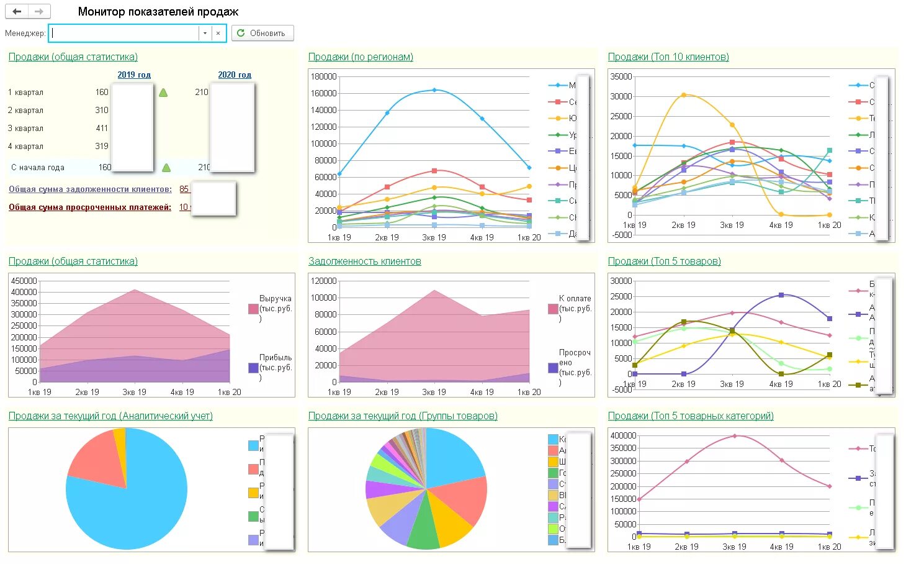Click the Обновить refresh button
pyautogui.click(x=262, y=33)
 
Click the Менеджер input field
pyautogui.click(x=124, y=33)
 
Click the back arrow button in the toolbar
pyautogui.click(x=17, y=11)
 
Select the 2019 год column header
pyautogui.click(x=134, y=75)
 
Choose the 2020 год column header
pyautogui.click(x=235, y=75)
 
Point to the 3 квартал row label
pyautogui.click(x=26, y=129)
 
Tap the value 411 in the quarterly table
pyautogui.click(x=102, y=129)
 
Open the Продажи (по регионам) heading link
pyautogui.click(x=361, y=57)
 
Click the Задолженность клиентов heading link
pyautogui.click(x=365, y=262)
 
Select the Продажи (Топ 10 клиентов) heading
pyautogui.click(x=668, y=57)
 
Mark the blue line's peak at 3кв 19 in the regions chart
pyautogui.click(x=434, y=90)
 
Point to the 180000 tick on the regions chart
pyautogui.click(x=324, y=76)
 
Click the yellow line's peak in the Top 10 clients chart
pyautogui.click(x=684, y=95)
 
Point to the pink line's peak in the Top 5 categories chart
pyautogui.click(x=735, y=436)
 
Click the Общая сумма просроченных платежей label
pyautogui.click(x=90, y=207)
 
